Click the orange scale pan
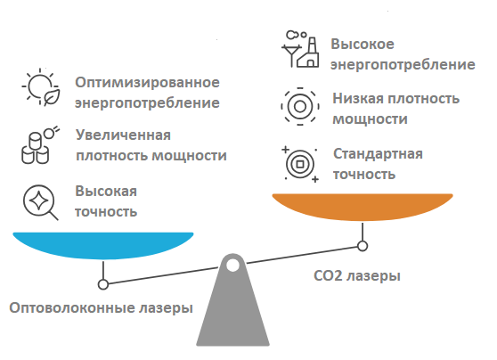pos(362,208)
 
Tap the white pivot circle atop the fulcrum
pos(232,265)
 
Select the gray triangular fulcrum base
pos(232,312)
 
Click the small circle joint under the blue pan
pos(103,284)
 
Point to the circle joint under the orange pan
pos(362,245)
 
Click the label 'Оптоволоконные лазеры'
pos(101,308)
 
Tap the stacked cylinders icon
pos(39,143)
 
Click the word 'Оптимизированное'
pos(147,83)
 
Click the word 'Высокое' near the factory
pos(363,45)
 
